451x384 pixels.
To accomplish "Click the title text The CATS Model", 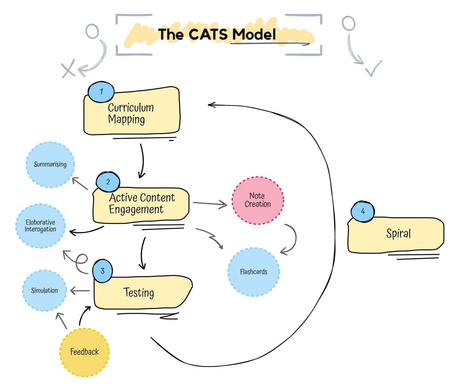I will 217,34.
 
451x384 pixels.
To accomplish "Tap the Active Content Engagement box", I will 141,204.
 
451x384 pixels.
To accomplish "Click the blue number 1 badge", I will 101,92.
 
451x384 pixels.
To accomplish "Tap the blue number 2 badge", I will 108,182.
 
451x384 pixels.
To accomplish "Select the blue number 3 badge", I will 102,271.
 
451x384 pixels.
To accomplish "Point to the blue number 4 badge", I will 363,211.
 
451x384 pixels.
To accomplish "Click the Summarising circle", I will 50,165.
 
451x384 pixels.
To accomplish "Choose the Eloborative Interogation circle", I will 40,226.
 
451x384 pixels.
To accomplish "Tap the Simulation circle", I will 44,290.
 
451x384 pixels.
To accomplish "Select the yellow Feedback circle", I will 84,352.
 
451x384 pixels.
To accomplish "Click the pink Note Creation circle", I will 258,200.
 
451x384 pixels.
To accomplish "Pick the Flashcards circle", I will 254,272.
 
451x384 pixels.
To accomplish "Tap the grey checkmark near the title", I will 373,69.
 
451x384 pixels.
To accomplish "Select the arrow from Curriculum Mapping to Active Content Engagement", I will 142,160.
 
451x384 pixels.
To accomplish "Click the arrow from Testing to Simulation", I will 80,291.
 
